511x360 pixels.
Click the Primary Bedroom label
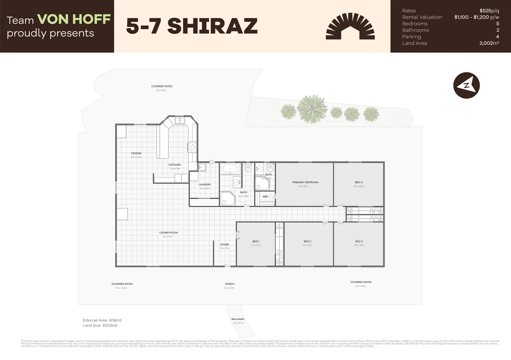(305, 182)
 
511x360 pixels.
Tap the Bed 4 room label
(359, 182)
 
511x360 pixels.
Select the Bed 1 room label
(256, 241)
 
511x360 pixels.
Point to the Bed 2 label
(307, 241)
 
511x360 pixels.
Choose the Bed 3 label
(359, 241)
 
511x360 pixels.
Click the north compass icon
(466, 85)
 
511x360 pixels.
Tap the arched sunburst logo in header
(350, 27)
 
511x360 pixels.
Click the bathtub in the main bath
(230, 169)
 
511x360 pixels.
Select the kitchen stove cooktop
(192, 147)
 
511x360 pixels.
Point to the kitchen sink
(180, 120)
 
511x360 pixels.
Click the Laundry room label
(204, 185)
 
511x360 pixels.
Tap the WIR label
(265, 197)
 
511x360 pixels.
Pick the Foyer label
(224, 244)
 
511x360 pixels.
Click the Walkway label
(238, 319)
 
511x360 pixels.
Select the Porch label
(230, 284)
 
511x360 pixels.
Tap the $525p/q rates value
(489, 11)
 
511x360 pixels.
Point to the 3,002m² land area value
(489, 43)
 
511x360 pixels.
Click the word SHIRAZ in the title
(212, 26)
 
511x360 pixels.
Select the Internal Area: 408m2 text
(102, 320)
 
